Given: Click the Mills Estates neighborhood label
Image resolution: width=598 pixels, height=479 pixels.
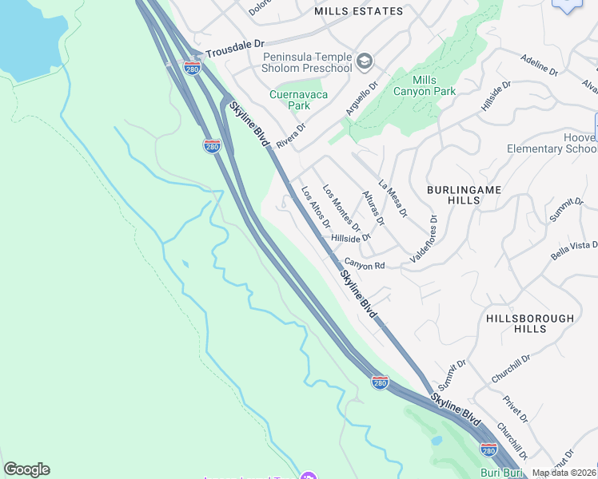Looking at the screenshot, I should (358, 11).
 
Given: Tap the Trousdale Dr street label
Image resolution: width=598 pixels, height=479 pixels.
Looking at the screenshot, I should (234, 50).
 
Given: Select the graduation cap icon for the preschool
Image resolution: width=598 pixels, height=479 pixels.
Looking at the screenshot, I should (365, 61).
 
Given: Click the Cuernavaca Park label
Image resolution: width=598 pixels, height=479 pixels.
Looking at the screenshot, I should (289, 99).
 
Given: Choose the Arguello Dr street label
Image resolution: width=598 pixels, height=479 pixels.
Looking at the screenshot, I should (361, 100).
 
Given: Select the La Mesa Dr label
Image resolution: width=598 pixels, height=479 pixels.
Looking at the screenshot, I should (393, 198).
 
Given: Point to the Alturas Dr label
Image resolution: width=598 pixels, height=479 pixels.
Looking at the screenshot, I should (373, 208).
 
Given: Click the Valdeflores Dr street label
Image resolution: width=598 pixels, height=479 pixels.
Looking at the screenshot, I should (425, 238).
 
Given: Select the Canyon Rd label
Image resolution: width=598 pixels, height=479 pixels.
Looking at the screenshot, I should (365, 264).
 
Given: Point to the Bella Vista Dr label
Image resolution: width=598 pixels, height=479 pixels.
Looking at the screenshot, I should (574, 249).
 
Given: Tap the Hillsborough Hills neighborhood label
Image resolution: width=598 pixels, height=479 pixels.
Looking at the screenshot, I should (530, 323).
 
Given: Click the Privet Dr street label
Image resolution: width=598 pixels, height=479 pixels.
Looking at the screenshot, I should (516, 408).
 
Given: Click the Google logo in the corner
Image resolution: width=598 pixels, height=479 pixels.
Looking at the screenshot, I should (26, 469).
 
